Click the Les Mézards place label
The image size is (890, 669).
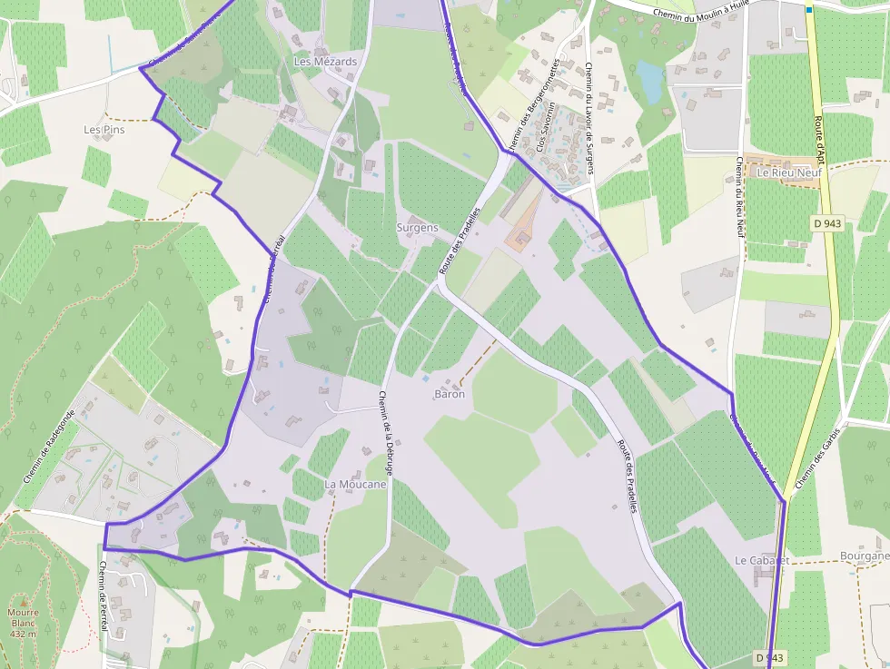pos(325,62)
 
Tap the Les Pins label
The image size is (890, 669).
pos(104,130)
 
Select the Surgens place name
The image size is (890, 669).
pos(417,228)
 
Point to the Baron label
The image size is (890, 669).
pos(450,394)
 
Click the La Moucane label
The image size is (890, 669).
pos(355,485)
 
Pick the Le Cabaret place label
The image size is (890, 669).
pos(761,561)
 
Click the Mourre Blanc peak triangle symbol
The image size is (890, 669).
pos(23,600)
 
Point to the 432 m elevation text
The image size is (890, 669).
pos(23,634)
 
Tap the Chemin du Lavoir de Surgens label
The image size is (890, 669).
pos(588,113)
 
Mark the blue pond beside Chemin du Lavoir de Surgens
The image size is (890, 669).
pos(649,80)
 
